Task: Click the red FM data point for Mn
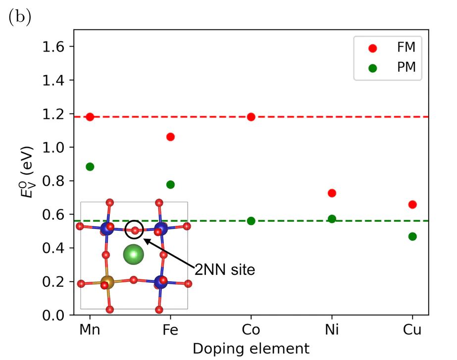90,117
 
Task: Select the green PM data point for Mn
90,166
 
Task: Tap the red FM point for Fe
170,137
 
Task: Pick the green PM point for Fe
170,184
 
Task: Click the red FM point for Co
251,117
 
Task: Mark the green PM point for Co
251,221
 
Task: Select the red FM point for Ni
332,193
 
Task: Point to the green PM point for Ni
332,219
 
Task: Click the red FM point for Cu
412,205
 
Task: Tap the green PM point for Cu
412,236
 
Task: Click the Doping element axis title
251,349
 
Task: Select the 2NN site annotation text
224,270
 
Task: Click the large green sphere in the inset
133,255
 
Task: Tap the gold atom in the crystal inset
107,283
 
